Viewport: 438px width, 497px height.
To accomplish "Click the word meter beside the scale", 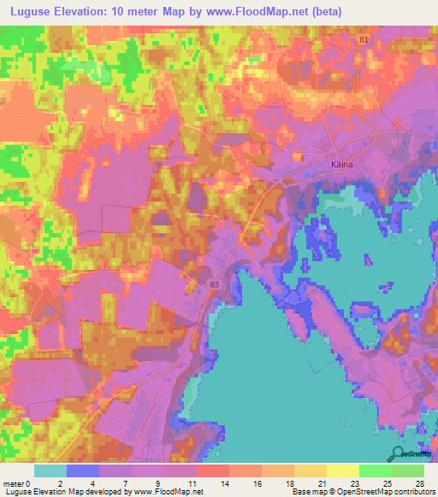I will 15,482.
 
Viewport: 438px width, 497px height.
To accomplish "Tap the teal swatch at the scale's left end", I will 50,471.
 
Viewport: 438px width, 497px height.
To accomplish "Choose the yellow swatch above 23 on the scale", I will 342,471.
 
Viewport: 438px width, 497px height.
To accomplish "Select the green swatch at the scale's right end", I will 408,471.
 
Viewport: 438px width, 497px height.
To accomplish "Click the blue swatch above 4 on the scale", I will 83,471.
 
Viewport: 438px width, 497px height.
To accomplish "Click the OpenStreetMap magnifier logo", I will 396,453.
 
